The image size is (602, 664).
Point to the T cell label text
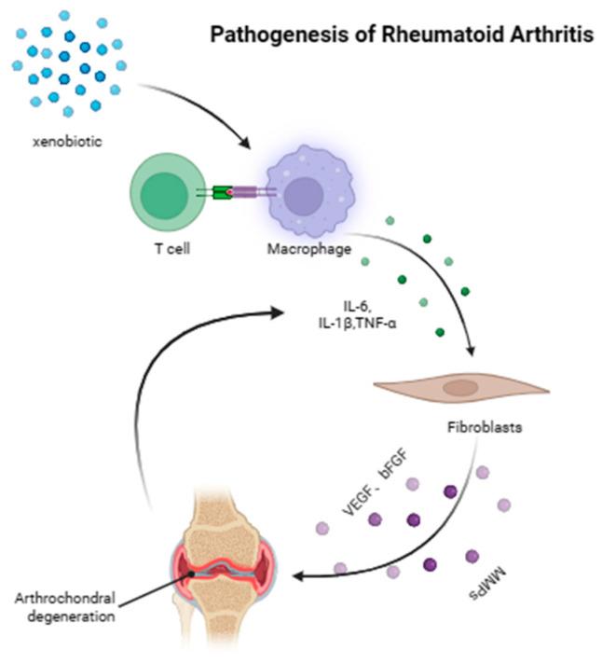click(x=165, y=249)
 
